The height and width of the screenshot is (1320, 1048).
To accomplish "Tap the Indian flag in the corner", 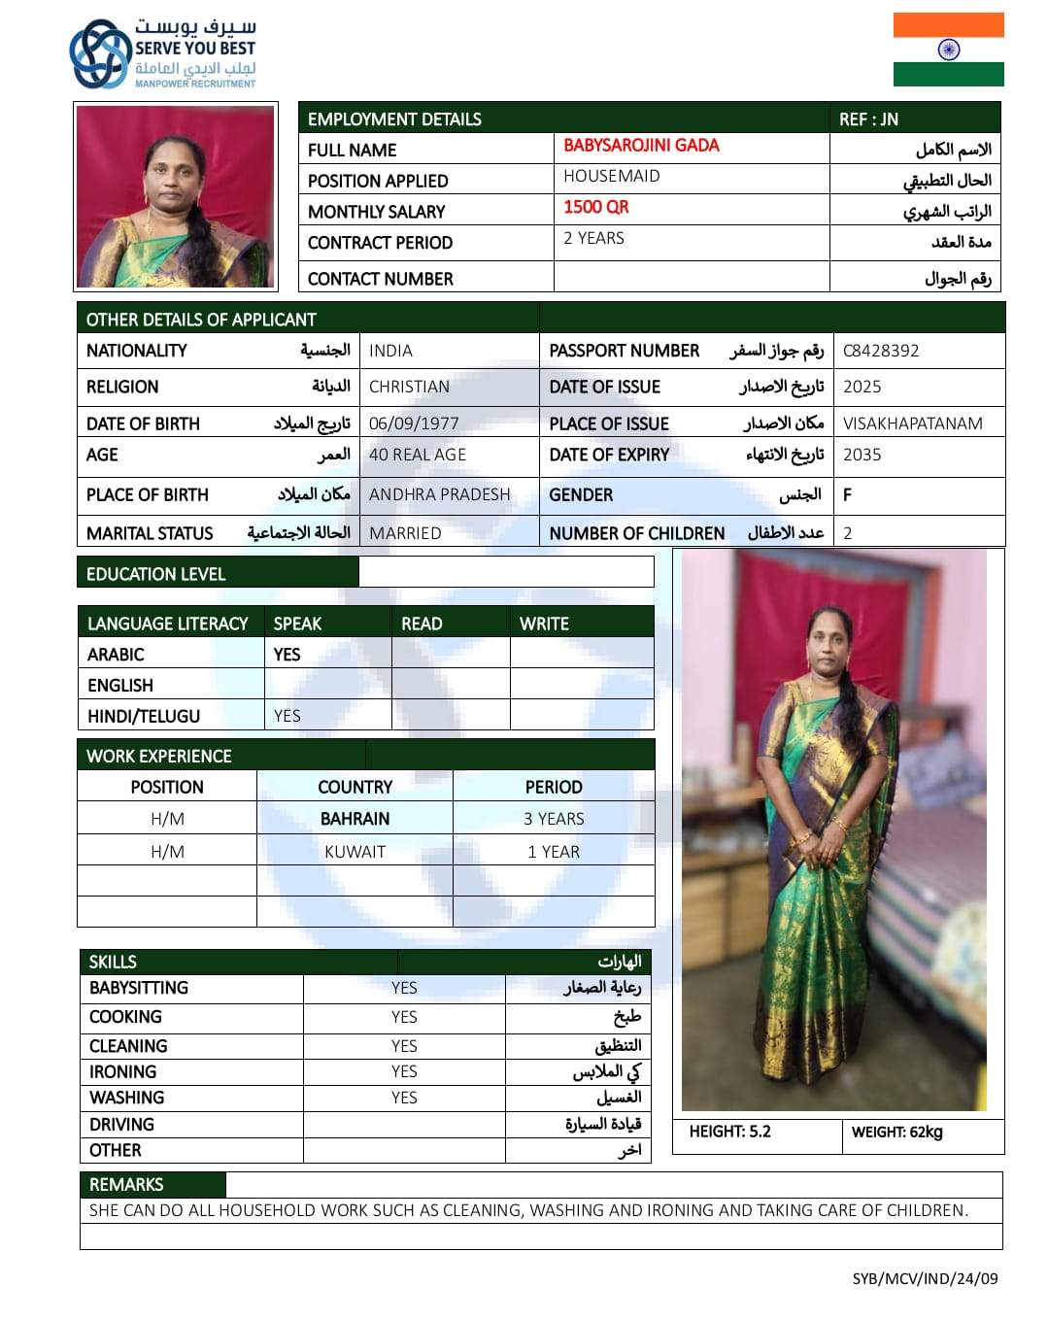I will click(x=948, y=50).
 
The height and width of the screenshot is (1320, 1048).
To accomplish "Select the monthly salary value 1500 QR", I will click(x=595, y=207).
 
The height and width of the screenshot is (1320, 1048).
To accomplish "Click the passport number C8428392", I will click(x=880, y=351).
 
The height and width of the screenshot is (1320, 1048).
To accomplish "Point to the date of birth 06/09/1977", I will click(x=414, y=423).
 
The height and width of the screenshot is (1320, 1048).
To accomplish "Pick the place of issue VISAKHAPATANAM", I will click(x=912, y=423).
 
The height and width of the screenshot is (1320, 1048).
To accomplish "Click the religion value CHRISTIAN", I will click(x=409, y=387).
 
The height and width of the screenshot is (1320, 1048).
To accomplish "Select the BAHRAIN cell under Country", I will click(x=355, y=819).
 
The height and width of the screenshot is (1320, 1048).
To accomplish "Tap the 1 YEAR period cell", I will click(x=553, y=852).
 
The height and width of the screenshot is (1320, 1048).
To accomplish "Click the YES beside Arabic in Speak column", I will click(x=287, y=655).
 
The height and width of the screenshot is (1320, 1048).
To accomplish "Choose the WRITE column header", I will click(x=544, y=624).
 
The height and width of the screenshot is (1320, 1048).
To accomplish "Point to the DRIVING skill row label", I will click(x=121, y=1124).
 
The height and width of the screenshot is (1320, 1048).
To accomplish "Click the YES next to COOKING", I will click(x=404, y=1017).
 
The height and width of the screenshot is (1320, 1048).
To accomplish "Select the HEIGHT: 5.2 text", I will click(x=729, y=1132).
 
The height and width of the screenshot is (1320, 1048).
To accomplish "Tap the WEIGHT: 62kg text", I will click(x=896, y=1132).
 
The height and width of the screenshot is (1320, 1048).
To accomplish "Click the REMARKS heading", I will click(x=126, y=1184).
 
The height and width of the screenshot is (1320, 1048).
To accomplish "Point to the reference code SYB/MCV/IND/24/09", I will click(x=924, y=1278).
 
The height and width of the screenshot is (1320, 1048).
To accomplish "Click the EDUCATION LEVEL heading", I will click(x=155, y=574).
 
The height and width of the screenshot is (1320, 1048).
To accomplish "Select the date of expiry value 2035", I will click(x=862, y=455).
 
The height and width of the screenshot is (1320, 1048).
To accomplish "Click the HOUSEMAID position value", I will click(x=611, y=176).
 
